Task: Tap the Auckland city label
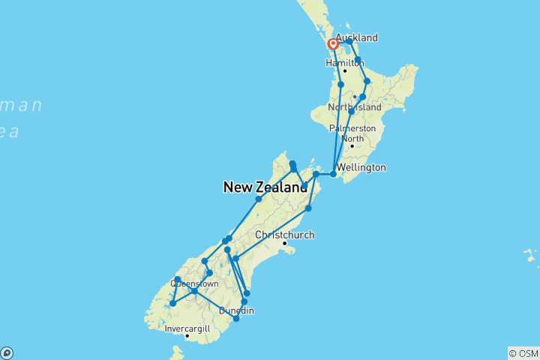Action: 356,37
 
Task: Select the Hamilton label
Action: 344,63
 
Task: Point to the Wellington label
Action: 361,167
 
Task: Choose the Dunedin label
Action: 237,310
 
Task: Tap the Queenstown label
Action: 195,283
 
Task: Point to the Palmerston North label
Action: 352,133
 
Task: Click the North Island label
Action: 355,108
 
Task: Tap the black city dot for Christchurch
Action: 285,243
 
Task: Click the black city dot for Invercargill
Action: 187,336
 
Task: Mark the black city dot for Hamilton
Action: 345,71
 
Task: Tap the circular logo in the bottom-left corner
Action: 7,352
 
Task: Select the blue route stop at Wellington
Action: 333,174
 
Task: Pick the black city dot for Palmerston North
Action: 352,145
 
